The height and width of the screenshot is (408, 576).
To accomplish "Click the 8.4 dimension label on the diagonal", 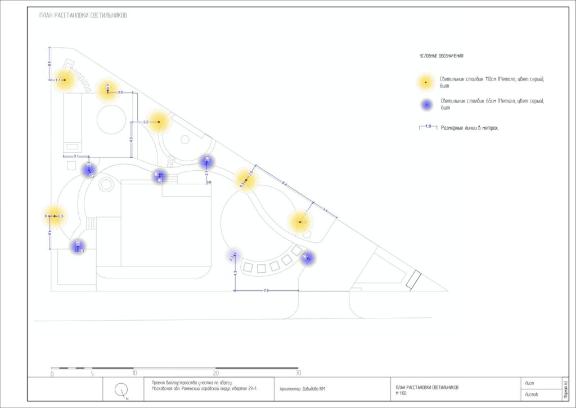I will click(285, 184).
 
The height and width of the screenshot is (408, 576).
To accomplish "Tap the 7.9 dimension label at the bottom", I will click(266, 290).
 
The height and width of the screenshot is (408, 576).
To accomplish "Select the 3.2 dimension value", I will click(146, 122).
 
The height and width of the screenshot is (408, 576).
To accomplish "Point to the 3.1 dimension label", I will click(76, 156).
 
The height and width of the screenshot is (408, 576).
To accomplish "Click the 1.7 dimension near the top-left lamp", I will click(57, 81).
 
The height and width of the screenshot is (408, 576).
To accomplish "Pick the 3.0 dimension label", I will click(120, 91).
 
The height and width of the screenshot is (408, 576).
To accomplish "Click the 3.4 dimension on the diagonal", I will click(325, 210).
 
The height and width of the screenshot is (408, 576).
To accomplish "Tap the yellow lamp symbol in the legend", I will click(426, 82).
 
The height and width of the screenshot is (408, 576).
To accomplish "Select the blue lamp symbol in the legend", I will click(426, 104).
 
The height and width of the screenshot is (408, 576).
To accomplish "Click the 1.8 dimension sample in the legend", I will click(428, 126).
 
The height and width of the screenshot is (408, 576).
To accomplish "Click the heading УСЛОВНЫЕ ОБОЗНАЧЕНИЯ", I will click(442, 56).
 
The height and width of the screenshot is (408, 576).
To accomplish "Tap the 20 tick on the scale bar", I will click(215, 373).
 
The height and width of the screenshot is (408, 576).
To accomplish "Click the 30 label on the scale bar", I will click(298, 373).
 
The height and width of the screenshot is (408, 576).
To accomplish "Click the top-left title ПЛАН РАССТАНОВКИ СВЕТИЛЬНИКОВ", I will click(83, 15).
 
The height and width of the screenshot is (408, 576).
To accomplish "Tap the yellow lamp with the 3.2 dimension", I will click(159, 122).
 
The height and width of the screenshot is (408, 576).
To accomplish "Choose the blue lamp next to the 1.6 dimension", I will click(88, 169).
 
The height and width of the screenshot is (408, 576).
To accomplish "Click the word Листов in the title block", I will click(532, 394).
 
